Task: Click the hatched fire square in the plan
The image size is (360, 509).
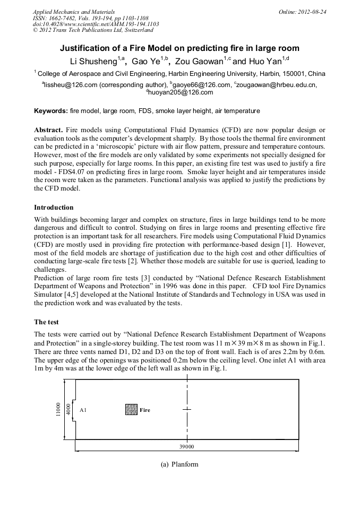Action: (x=131, y=410)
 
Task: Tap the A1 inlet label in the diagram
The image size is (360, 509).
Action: (x=83, y=410)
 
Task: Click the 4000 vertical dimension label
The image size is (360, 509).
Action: (x=68, y=410)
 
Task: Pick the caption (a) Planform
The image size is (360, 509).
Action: (x=179, y=464)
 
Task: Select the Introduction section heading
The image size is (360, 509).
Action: (x=54, y=207)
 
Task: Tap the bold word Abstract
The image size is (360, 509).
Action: (x=48, y=130)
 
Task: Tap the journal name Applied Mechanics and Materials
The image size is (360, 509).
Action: (x=73, y=11)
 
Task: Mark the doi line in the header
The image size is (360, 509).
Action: (x=96, y=24)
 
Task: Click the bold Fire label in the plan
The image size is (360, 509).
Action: (x=145, y=410)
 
